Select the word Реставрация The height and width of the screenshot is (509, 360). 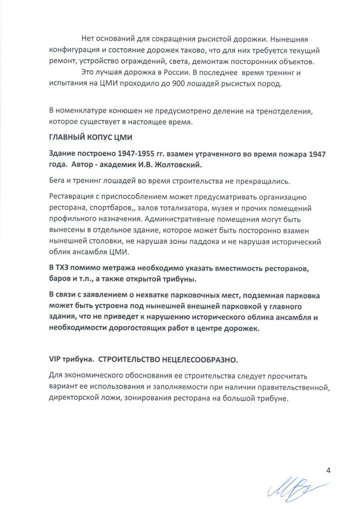coord(73,198)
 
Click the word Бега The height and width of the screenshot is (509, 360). coord(57,181)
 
